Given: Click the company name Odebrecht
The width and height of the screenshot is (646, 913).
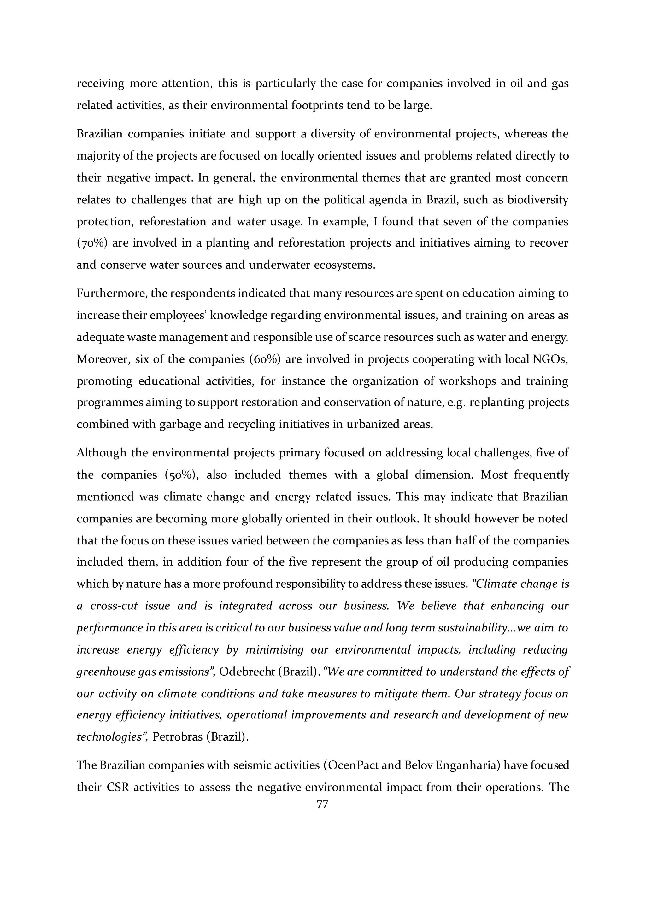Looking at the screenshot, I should pos(247,672).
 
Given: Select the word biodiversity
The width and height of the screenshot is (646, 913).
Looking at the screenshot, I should pos(538,199).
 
